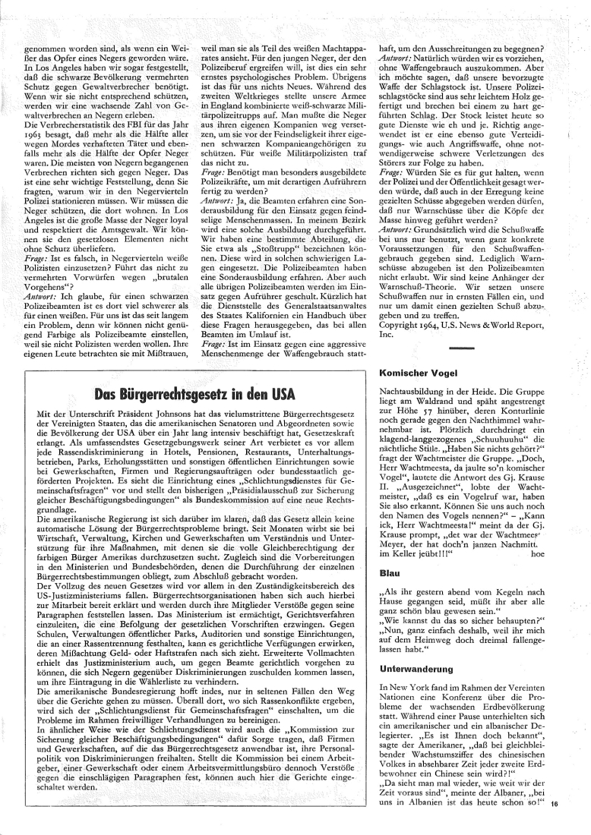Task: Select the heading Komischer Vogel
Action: tap(416, 373)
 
